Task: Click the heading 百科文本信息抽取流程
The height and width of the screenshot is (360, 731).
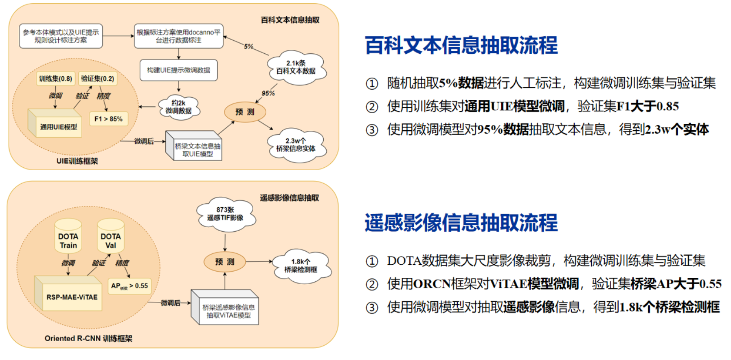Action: click(461, 45)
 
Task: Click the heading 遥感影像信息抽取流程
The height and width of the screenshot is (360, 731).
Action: click(461, 223)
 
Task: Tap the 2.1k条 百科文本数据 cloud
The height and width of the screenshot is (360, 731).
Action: click(296, 68)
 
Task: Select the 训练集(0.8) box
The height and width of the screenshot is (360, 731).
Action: click(55, 79)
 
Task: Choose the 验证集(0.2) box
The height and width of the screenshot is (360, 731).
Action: click(97, 79)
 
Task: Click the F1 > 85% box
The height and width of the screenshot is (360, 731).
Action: click(108, 119)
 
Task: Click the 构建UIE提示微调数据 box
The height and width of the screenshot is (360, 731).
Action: click(178, 70)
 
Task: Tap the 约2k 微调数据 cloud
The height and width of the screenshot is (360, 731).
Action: click(178, 107)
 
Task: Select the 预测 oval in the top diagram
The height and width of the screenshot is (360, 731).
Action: click(245, 112)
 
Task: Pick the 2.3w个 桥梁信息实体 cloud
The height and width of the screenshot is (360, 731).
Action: click(296, 145)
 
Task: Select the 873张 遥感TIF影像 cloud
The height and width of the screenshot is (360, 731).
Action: click(225, 214)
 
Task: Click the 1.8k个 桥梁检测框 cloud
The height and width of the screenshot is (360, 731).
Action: click(301, 266)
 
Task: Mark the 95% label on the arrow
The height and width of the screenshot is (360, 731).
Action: click(268, 93)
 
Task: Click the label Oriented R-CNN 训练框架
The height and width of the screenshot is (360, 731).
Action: click(88, 338)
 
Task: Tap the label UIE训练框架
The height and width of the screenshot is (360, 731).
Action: click(77, 161)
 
